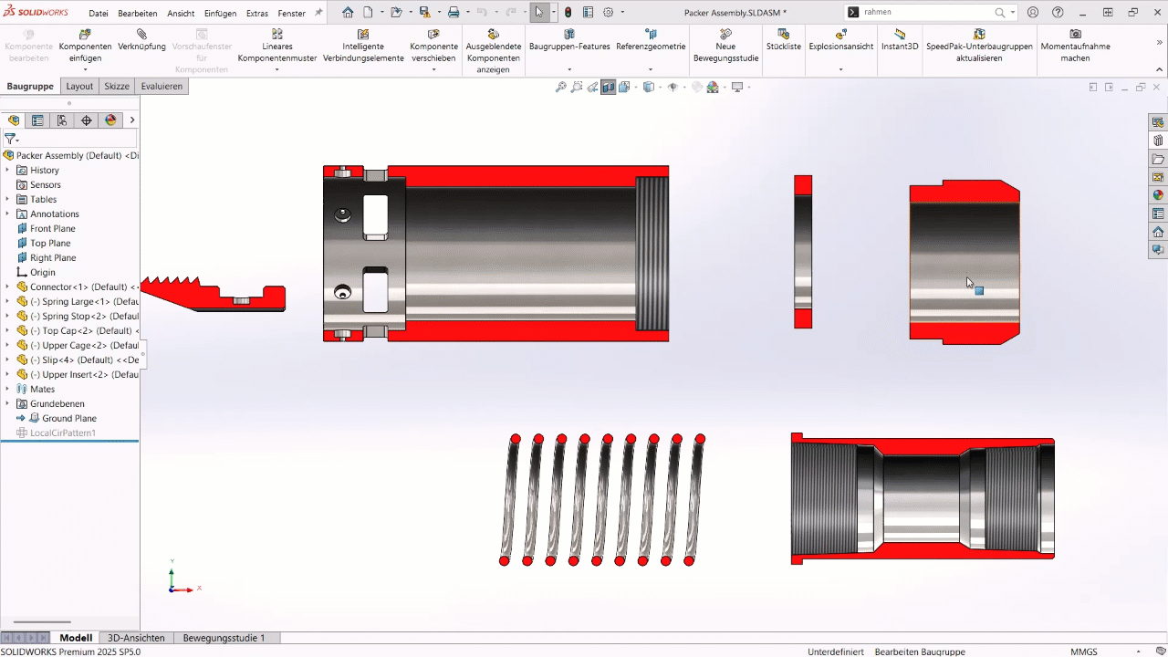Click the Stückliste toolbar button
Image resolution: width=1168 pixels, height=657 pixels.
(x=783, y=39)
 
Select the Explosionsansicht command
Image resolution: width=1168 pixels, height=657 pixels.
(x=840, y=39)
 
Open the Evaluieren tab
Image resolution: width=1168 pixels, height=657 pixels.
(x=162, y=86)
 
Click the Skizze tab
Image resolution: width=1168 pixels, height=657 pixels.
(x=117, y=86)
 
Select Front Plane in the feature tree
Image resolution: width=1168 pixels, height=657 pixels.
(x=52, y=228)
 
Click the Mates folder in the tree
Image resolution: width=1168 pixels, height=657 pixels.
(x=42, y=389)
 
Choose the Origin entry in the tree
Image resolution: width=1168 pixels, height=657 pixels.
(x=42, y=272)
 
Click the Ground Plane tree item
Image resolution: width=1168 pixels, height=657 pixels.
(x=68, y=418)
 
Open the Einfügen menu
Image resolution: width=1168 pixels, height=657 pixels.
(x=220, y=14)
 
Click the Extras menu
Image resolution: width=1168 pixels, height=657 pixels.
(x=257, y=14)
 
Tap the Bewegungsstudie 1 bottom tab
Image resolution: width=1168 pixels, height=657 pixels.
(x=224, y=638)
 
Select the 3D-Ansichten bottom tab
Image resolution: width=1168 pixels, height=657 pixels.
(x=136, y=638)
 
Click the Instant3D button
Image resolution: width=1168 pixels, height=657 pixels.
(x=900, y=39)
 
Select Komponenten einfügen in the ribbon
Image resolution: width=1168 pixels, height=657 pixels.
(x=85, y=46)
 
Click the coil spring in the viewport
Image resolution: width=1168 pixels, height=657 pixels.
(x=602, y=500)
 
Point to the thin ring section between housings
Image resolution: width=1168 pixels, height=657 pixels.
(x=803, y=251)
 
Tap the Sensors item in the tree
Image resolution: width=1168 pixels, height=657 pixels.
(x=45, y=184)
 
